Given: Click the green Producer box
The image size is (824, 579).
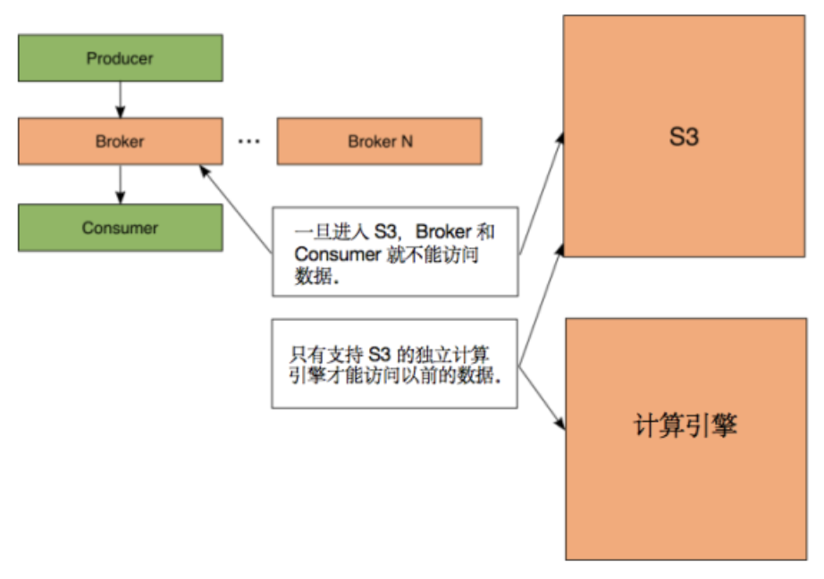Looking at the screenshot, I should click(120, 59).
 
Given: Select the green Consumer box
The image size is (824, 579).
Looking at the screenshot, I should click(120, 228).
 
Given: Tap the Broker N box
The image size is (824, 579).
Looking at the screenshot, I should click(380, 141).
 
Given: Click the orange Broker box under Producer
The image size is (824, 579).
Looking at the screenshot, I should click(120, 141).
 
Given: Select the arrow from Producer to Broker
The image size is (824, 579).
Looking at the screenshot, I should click(120, 99).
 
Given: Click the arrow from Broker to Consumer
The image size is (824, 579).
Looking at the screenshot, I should click(120, 183).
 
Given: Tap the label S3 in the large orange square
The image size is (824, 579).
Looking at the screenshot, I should click(684, 137).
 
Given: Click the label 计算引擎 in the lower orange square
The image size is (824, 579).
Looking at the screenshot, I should click(684, 425).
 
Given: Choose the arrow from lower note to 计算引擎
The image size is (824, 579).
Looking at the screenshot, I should click(542, 398).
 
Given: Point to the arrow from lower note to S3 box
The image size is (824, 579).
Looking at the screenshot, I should click(542, 304).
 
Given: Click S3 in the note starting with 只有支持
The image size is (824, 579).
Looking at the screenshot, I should click(382, 353).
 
